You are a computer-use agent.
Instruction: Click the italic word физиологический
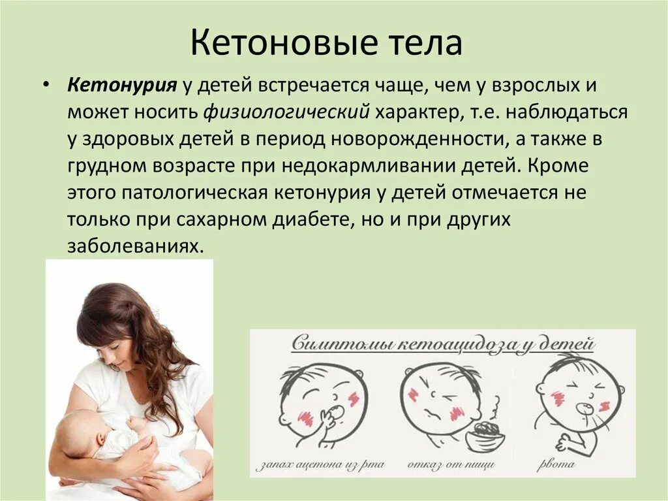tap(286, 112)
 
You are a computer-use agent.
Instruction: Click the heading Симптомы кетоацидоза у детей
tap(442, 344)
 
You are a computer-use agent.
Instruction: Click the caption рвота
tap(556, 465)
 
